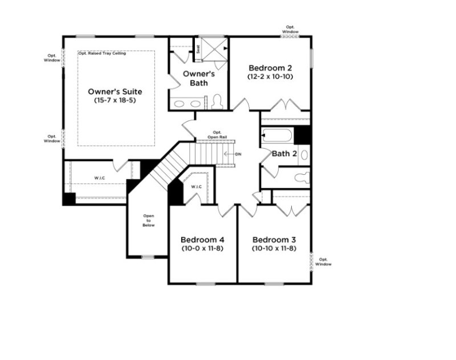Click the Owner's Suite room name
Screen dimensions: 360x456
point(115,91)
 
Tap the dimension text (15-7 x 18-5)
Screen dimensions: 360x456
point(115,100)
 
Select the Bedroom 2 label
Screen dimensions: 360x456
point(270,67)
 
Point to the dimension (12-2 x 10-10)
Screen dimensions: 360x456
point(270,76)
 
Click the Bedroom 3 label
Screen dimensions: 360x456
point(275,239)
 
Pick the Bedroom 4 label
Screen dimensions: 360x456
point(202,239)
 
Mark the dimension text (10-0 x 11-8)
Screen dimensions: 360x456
point(202,248)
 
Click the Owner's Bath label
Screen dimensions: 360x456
point(198,78)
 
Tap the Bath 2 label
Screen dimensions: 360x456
point(284,153)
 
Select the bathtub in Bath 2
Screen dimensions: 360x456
point(277,136)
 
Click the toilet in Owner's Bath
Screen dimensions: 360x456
point(217,102)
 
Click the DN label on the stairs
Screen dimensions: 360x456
point(238,154)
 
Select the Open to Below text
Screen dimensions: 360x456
point(149,220)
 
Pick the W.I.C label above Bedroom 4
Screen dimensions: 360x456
point(197,186)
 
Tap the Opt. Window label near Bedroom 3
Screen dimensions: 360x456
point(323,261)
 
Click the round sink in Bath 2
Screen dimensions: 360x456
point(304,154)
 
